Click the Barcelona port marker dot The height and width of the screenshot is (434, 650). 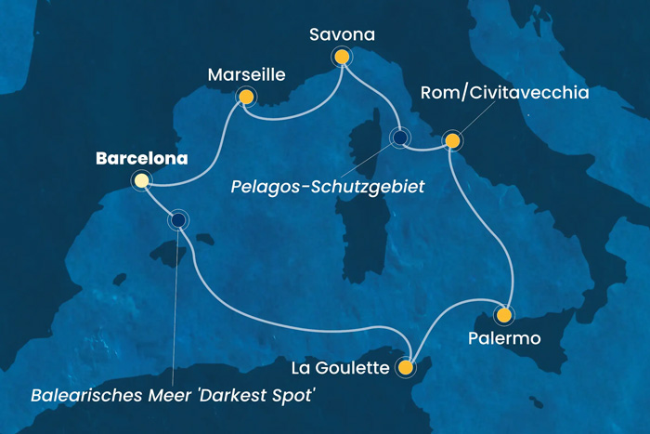tap(141, 181)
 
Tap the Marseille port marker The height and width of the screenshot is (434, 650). tap(246, 96)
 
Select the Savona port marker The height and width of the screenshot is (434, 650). tap(342, 58)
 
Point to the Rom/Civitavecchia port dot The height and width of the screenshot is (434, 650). tap(451, 141)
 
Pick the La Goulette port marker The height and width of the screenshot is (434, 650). tap(405, 368)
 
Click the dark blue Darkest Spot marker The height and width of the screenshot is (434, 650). tap(177, 220)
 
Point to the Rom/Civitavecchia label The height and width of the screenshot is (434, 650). tap(505, 93)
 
